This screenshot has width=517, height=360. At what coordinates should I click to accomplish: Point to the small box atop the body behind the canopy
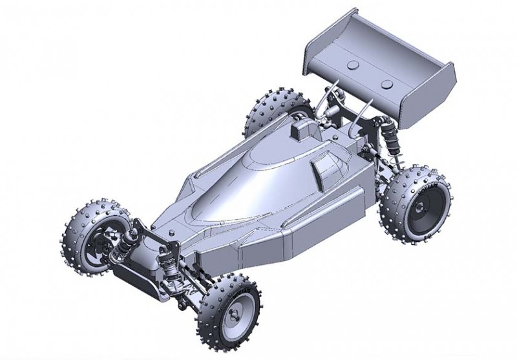click(x=301, y=129)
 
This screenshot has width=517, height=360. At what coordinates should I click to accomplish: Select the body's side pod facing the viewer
click(x=304, y=226)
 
